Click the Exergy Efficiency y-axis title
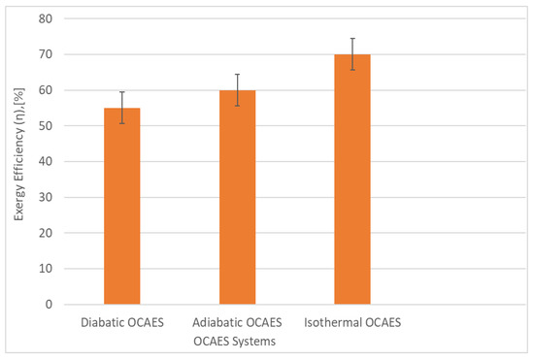tap(18, 161)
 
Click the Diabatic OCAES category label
tap(121, 321)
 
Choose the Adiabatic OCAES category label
tap(238, 321)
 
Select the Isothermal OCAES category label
tap(352, 321)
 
